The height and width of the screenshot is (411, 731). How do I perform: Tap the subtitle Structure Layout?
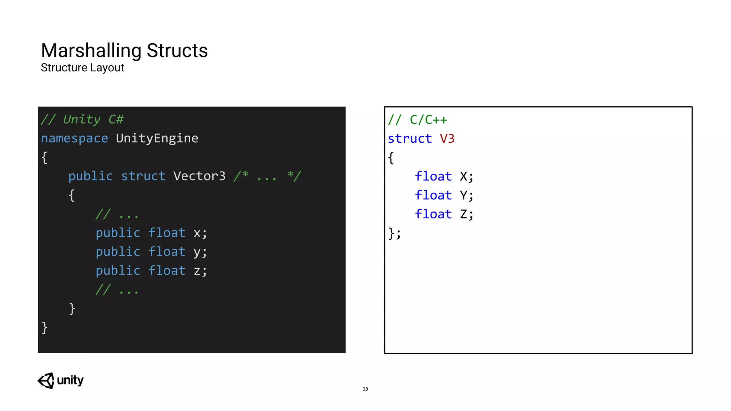[x=82, y=67]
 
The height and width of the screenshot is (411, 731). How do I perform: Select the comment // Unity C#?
[x=82, y=120]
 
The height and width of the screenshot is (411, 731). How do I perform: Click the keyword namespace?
[x=74, y=138]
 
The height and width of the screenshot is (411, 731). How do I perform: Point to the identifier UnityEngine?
[x=157, y=138]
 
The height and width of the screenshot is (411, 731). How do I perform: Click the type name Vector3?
[x=200, y=176]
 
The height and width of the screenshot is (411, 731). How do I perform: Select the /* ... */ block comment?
[x=267, y=176]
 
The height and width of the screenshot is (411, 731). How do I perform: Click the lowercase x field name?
[x=197, y=233]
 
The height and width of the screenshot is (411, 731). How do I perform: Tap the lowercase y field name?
[x=197, y=253]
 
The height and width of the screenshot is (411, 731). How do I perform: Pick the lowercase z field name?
[x=197, y=271]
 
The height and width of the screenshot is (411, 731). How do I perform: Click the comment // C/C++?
[x=418, y=120]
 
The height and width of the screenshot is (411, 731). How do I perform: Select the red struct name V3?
[x=447, y=139]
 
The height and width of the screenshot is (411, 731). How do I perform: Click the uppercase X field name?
[x=463, y=177]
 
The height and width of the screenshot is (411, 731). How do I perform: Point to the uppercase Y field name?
[x=463, y=196]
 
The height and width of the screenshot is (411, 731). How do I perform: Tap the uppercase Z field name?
[x=463, y=214]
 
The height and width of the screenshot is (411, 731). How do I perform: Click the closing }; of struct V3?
[x=394, y=234]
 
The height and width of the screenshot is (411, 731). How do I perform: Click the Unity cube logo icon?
[x=46, y=381]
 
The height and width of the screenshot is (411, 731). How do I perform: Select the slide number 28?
[x=365, y=389]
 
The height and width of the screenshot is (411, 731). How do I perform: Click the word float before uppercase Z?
[x=433, y=214]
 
